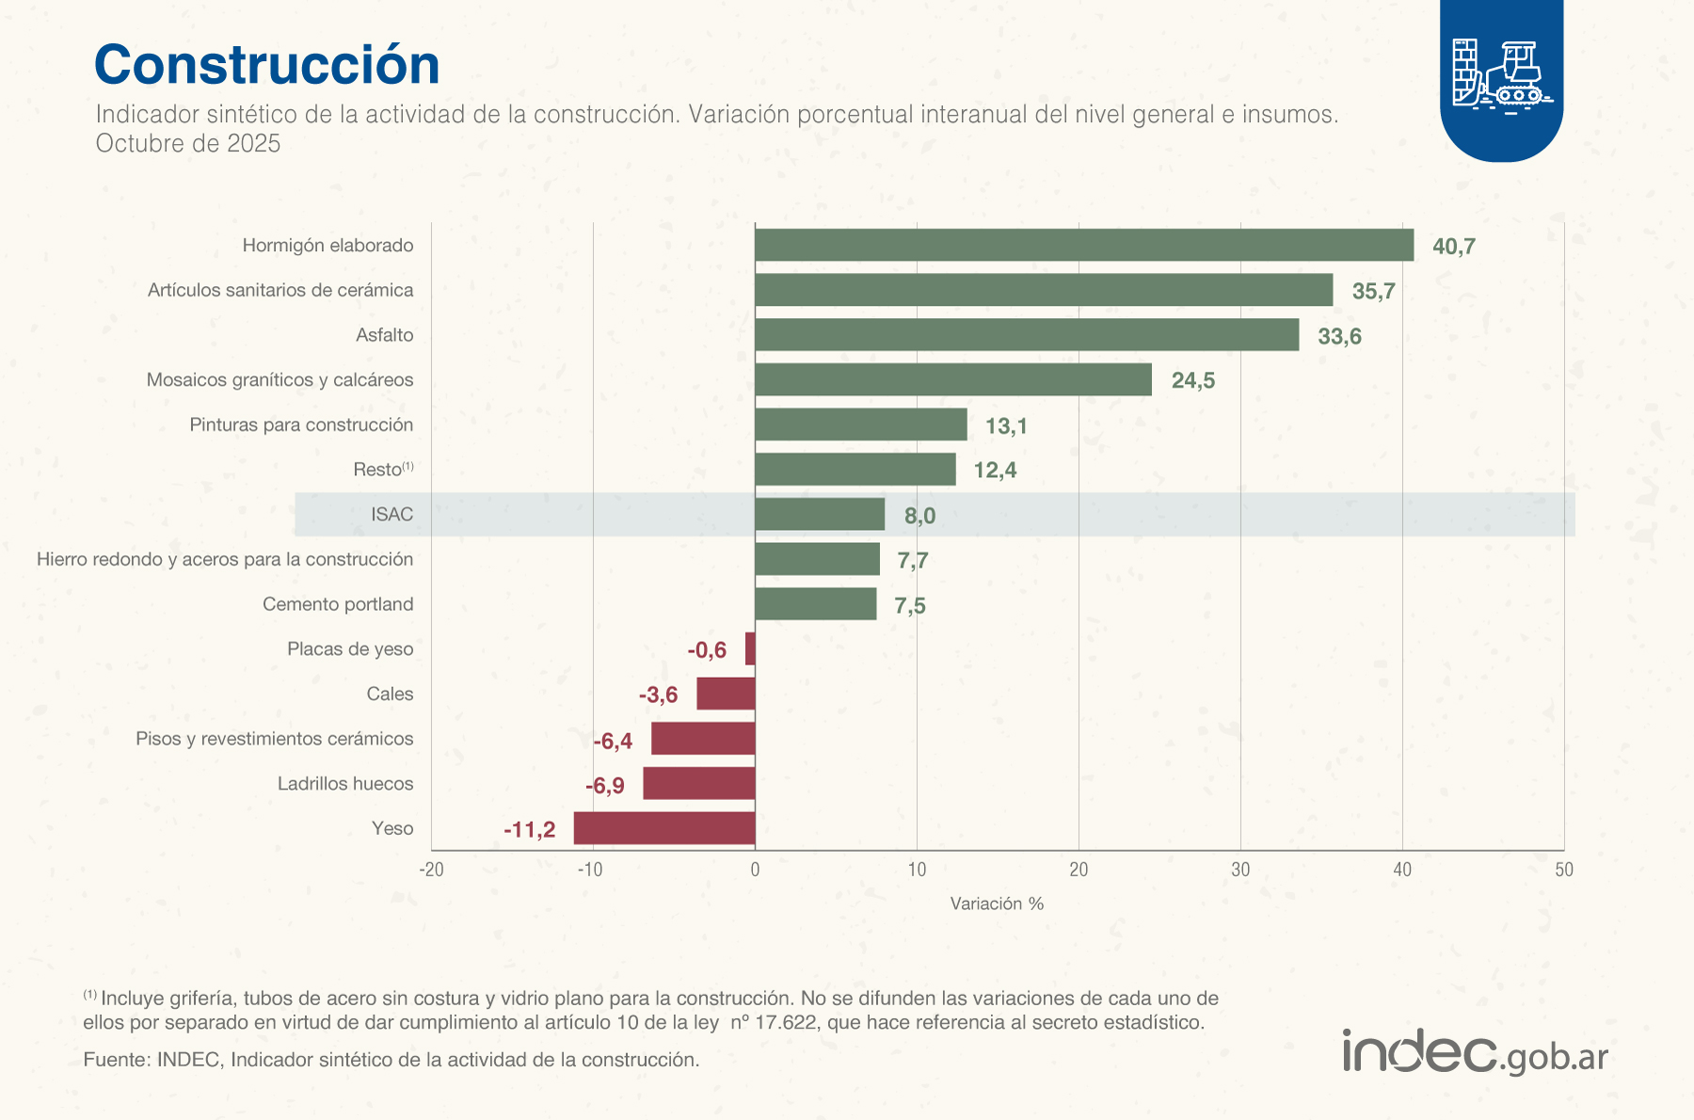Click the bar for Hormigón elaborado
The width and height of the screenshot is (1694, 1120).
click(x=1083, y=245)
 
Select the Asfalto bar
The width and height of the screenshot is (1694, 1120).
click(x=1026, y=335)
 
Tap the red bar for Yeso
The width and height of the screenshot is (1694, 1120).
click(x=664, y=828)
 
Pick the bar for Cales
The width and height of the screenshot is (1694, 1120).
click(x=726, y=694)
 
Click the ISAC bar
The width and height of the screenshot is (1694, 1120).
click(x=819, y=515)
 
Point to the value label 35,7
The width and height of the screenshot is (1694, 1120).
click(x=1373, y=291)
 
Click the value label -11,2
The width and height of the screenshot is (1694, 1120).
click(x=529, y=829)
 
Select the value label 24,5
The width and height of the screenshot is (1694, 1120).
click(x=1192, y=380)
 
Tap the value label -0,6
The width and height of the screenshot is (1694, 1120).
click(x=706, y=649)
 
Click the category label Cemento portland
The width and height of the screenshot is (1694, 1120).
click(x=337, y=604)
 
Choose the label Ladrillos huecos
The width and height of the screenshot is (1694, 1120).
click(x=344, y=784)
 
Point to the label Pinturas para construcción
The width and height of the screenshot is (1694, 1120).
click(x=301, y=424)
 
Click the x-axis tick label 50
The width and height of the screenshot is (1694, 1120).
click(x=1563, y=870)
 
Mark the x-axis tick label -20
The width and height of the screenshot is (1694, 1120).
click(x=431, y=870)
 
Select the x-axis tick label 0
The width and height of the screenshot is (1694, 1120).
click(x=755, y=870)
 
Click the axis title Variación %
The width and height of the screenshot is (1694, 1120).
click(x=997, y=904)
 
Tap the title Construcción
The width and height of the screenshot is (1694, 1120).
click(x=266, y=65)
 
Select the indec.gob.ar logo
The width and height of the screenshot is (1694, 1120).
click(x=1475, y=1052)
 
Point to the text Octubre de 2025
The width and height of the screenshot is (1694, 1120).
click(x=188, y=143)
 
